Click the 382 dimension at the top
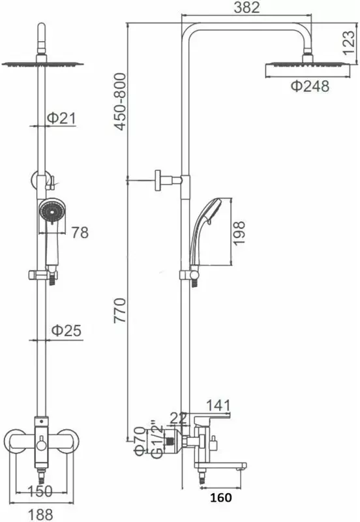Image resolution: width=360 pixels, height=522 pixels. [x=247, y=7]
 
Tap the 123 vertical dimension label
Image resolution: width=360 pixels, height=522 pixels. [x=348, y=42]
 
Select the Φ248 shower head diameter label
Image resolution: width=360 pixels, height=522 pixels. [x=310, y=86]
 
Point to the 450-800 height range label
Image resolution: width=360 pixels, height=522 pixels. [x=120, y=102]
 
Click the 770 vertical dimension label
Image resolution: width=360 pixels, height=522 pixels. [x=120, y=311]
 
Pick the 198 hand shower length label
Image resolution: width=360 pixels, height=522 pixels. [x=239, y=233]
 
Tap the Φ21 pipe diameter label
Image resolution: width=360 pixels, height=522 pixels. [x=61, y=118]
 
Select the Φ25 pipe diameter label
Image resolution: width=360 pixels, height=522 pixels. [x=67, y=330]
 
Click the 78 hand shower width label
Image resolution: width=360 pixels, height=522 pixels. [x=80, y=232]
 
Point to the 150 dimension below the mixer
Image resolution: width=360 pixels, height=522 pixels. [x=40, y=491]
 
